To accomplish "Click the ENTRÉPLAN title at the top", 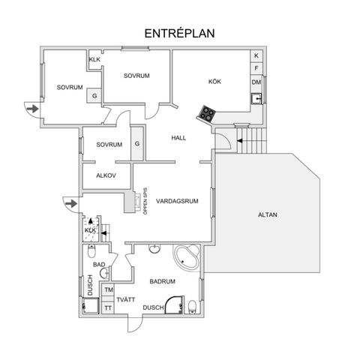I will [x=179, y=34].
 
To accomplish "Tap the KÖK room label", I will [x=216, y=82].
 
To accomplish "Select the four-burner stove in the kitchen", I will [x=206, y=114].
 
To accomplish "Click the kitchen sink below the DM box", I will [x=256, y=97].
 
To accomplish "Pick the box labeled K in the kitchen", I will [x=256, y=56].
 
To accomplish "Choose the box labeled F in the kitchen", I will [x=256, y=68].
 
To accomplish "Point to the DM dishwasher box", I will [x=256, y=82].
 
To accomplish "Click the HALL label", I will [x=178, y=138].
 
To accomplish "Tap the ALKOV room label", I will [x=106, y=175].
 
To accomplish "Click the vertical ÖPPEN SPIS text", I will [x=145, y=200].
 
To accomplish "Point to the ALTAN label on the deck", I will [x=267, y=215].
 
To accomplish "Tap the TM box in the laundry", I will [x=108, y=290].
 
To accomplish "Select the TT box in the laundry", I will [x=108, y=307].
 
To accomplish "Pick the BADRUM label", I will [x=162, y=281].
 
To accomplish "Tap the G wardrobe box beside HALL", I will [x=137, y=144].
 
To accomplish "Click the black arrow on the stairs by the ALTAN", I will [x=240, y=139].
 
